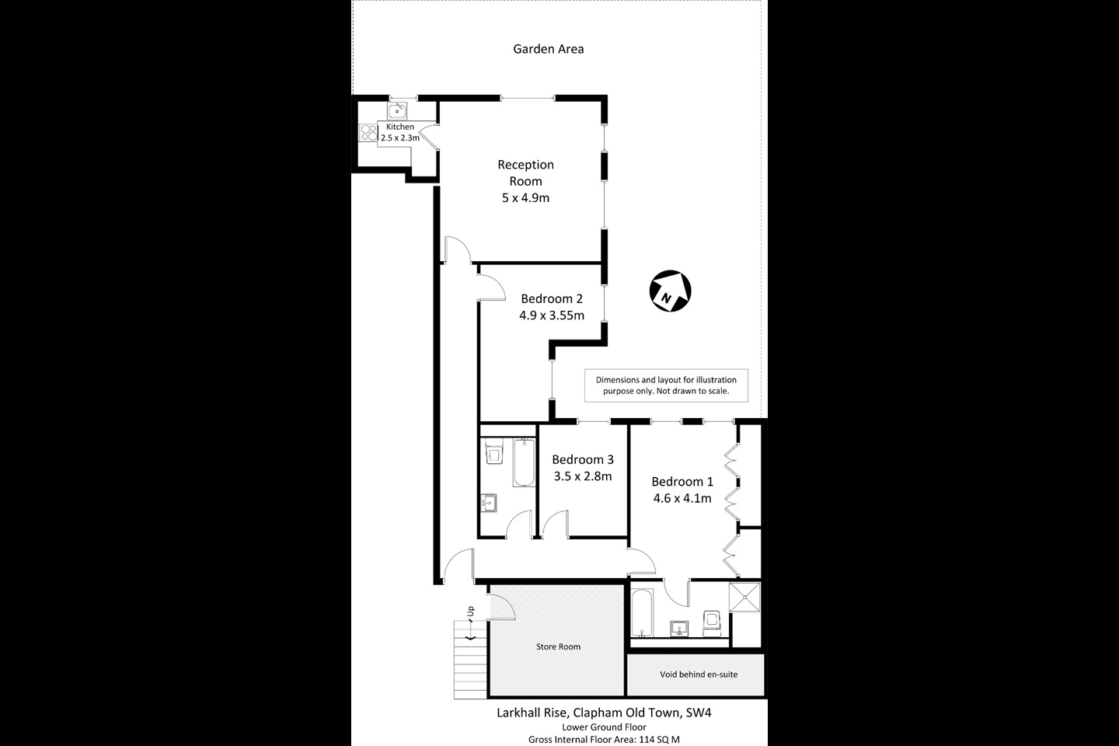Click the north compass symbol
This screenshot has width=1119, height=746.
pyautogui.click(x=670, y=292)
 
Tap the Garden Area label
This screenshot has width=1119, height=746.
pyautogui.click(x=548, y=49)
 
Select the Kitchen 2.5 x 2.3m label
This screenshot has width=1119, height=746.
pyautogui.click(x=399, y=132)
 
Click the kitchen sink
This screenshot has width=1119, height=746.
pyautogui.click(x=397, y=110)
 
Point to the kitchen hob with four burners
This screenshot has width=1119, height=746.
pyautogui.click(x=368, y=133)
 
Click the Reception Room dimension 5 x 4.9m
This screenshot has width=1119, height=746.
pyautogui.click(x=525, y=198)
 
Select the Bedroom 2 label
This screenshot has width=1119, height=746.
pyautogui.click(x=552, y=298)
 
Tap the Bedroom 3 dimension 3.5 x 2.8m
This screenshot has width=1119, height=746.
pyautogui.click(x=583, y=476)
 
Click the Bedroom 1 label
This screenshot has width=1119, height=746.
pyautogui.click(x=682, y=482)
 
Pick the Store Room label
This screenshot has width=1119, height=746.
pyautogui.click(x=558, y=647)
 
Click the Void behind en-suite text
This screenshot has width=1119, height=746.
pyautogui.click(x=698, y=675)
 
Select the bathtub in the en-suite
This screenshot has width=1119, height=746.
pyautogui.click(x=643, y=615)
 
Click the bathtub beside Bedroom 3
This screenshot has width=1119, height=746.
pyautogui.click(x=525, y=463)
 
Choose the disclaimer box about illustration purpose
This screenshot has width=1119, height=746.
pyautogui.click(x=666, y=385)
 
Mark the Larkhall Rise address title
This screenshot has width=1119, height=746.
pyautogui.click(x=603, y=712)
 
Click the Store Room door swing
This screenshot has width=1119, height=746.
pyautogui.click(x=501, y=605)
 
